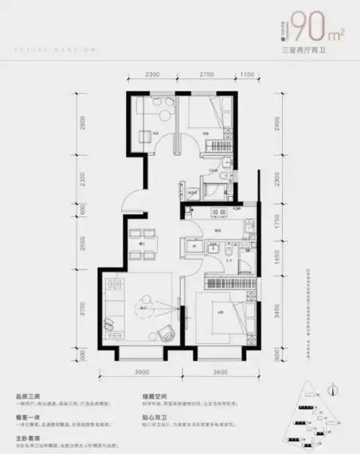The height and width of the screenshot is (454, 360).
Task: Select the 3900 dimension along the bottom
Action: (141, 373)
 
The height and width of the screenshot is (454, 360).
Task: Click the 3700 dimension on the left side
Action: (84, 311)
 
